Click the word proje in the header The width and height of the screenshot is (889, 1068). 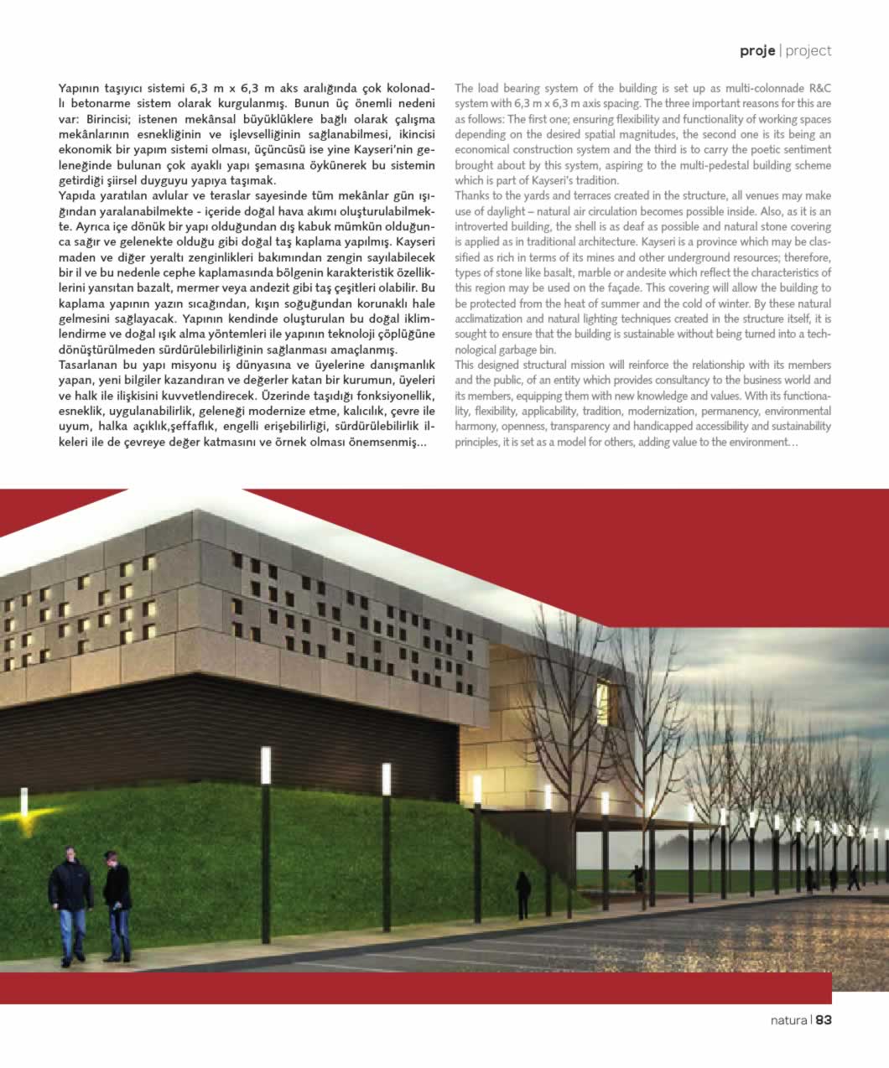(757, 50)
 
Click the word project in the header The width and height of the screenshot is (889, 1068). (808, 50)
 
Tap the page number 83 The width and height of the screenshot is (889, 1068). (824, 1020)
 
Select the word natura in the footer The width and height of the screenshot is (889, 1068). (788, 1020)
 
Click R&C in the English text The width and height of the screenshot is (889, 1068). (819, 88)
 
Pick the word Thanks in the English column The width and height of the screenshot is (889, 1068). (474, 196)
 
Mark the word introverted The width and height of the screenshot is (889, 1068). (483, 227)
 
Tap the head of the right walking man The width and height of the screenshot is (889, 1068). (110, 858)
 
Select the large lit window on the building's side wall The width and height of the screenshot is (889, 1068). (602, 695)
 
